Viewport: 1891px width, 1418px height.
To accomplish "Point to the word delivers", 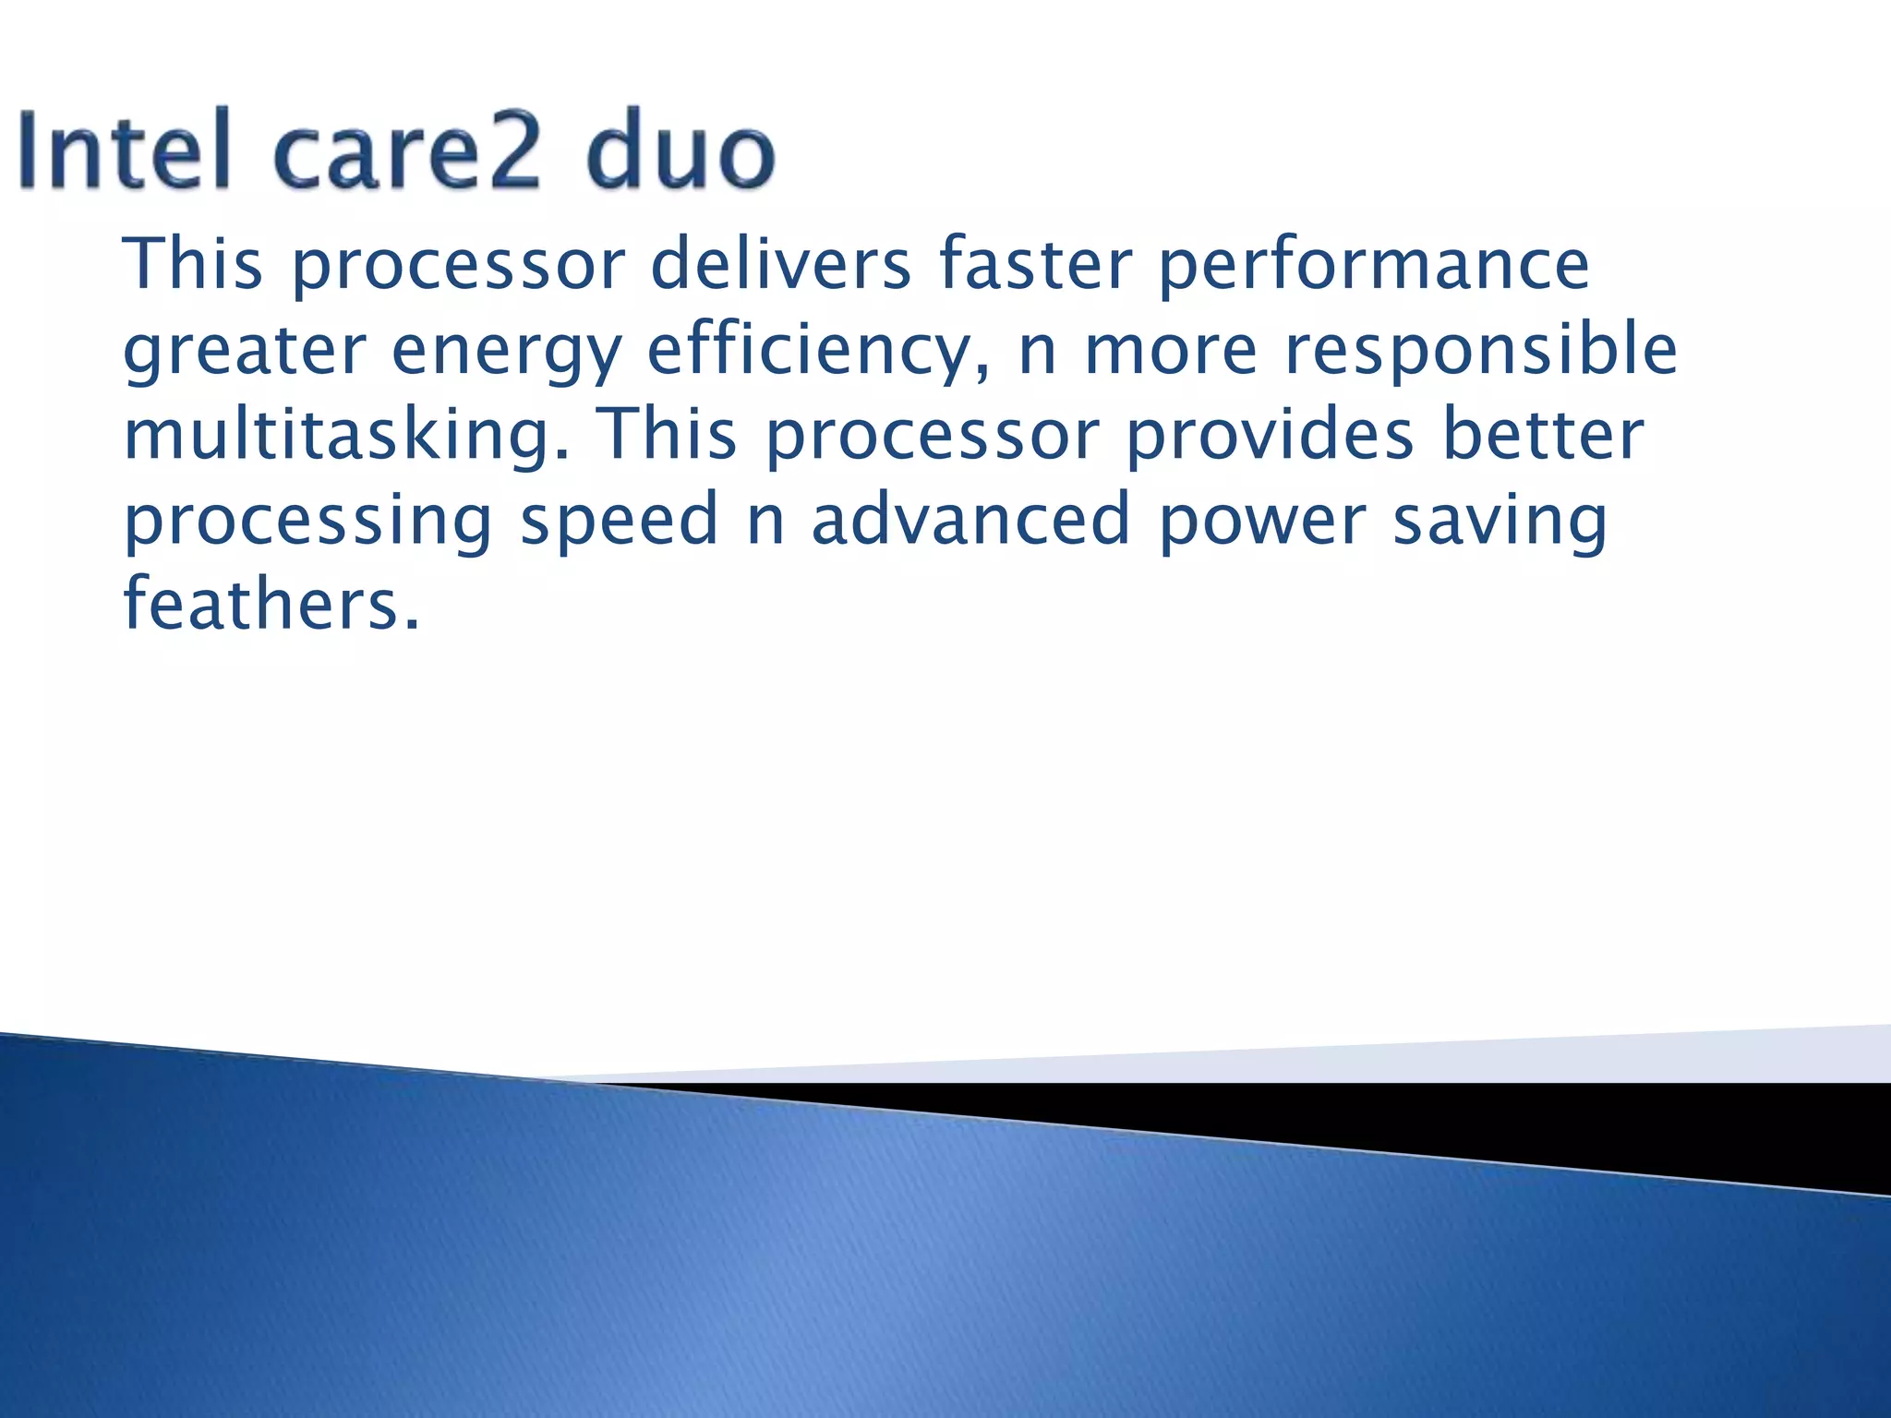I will pos(780,264).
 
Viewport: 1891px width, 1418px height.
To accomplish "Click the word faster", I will pos(1034,264).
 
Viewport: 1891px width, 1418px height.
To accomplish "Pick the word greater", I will pos(245,352).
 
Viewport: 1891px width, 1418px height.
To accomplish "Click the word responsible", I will pos(1481,352).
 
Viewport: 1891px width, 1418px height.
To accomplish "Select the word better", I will pos(1543,434).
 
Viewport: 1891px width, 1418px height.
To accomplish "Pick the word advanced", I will pos(970,519).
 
